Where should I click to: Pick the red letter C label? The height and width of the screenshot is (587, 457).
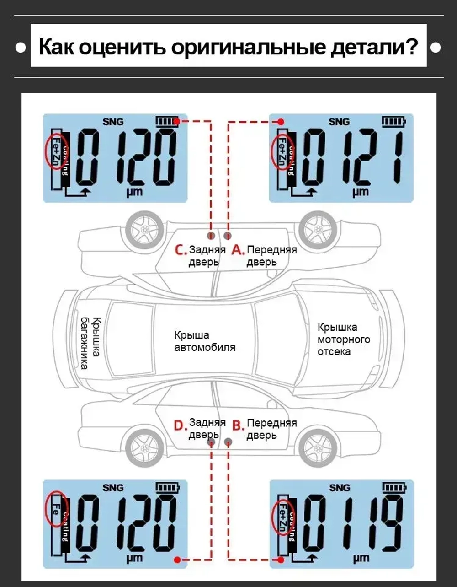coord(181,250)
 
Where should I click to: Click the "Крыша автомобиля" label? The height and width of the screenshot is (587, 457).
coord(205,341)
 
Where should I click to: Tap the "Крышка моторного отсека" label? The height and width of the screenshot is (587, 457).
coord(344,339)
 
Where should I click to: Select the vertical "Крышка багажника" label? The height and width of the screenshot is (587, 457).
coord(91,343)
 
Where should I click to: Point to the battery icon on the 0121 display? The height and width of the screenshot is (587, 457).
coord(393,122)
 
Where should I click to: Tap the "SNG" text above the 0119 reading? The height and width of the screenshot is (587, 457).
coord(340,488)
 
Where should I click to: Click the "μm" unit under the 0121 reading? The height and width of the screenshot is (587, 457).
coord(361,192)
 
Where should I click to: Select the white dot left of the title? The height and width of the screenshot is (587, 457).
coord(21,48)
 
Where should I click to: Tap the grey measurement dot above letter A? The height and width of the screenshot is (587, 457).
coord(228,236)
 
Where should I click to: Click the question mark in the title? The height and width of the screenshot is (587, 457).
coord(410,47)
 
